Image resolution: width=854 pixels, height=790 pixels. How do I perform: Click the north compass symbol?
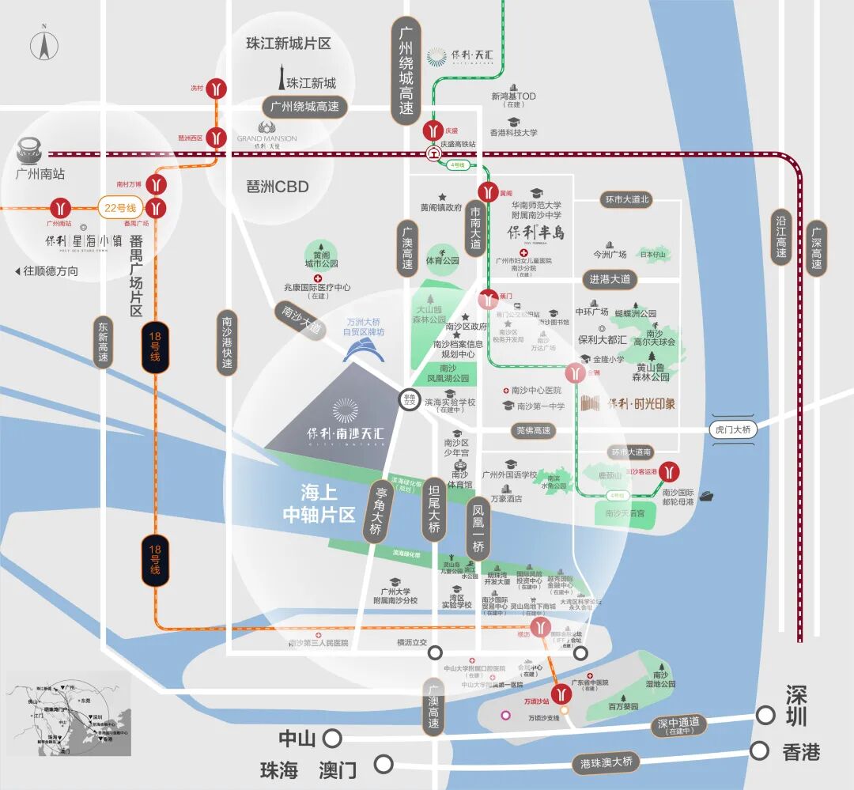45,46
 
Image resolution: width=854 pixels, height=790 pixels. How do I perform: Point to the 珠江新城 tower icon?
278,77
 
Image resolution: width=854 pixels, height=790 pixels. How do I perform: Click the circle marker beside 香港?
760,750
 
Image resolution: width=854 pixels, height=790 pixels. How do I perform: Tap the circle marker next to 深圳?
765,715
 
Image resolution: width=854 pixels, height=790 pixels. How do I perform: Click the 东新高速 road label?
103,341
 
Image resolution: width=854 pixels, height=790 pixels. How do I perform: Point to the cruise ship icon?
705,497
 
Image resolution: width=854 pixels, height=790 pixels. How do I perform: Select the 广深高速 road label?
815,248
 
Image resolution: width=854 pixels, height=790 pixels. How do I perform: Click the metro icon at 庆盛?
433,130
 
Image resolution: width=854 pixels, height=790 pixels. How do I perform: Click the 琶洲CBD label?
278,187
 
